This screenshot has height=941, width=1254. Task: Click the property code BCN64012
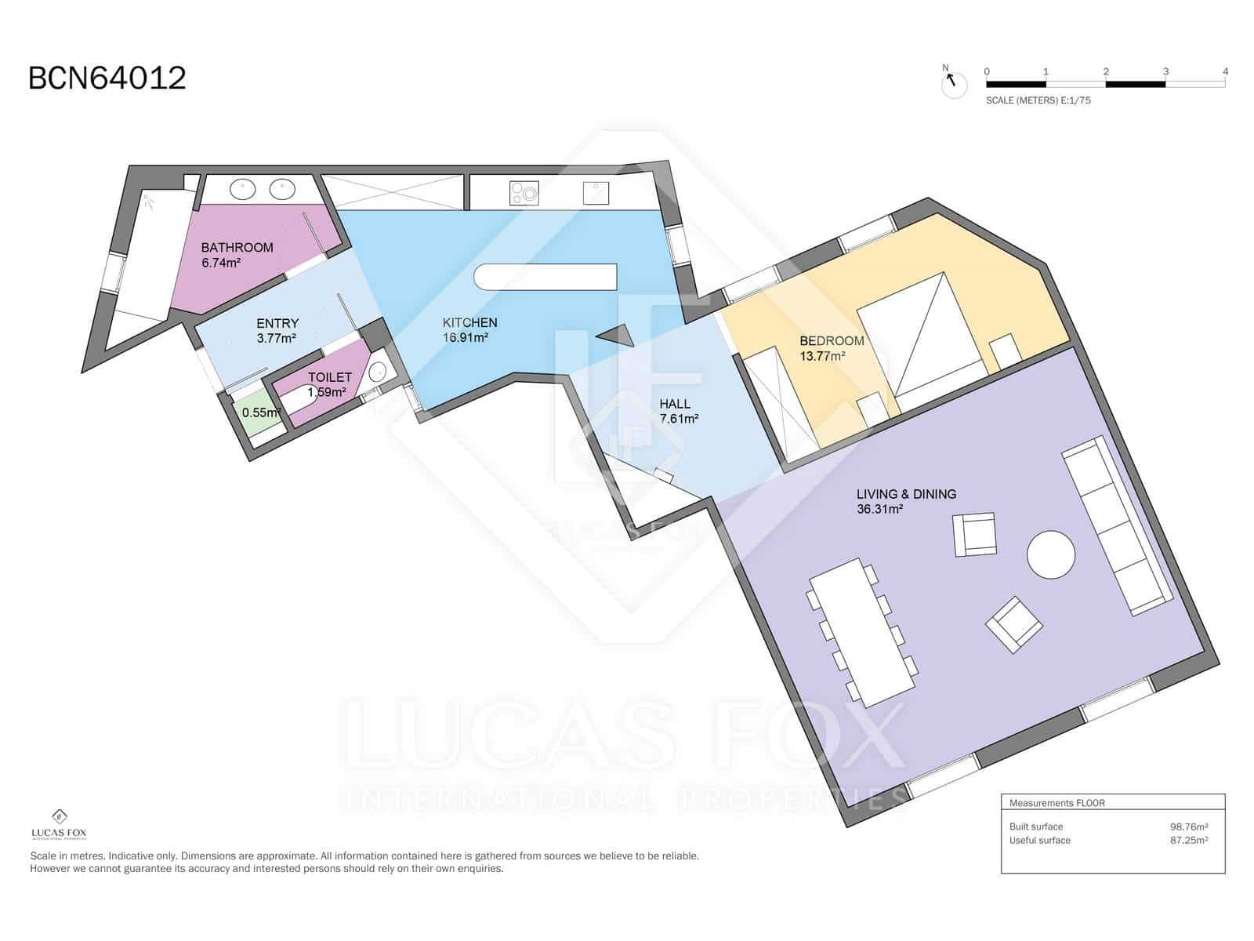(x=107, y=78)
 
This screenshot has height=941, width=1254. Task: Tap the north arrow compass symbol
(x=953, y=84)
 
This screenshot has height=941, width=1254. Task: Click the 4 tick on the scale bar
(x=1225, y=71)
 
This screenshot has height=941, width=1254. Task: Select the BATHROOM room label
(x=237, y=247)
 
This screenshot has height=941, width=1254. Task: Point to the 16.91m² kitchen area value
(x=465, y=338)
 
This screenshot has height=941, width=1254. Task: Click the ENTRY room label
(x=277, y=323)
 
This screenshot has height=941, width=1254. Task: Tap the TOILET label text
(x=330, y=377)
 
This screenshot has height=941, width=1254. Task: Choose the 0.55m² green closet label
(x=260, y=412)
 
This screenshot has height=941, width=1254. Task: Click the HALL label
(x=675, y=404)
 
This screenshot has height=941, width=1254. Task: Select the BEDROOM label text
(x=832, y=341)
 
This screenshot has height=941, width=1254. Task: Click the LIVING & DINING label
(x=906, y=494)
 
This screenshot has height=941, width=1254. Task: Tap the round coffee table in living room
(x=1051, y=554)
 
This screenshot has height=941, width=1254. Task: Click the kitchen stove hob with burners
(x=524, y=193)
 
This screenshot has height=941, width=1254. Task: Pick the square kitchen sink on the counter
(x=596, y=193)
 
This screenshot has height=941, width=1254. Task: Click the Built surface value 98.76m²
(x=1188, y=827)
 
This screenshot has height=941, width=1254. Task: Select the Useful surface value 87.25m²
(x=1188, y=841)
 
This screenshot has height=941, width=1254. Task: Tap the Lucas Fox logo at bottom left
(x=59, y=824)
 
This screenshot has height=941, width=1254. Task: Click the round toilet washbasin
(x=377, y=372)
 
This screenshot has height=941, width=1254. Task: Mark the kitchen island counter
(x=545, y=277)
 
